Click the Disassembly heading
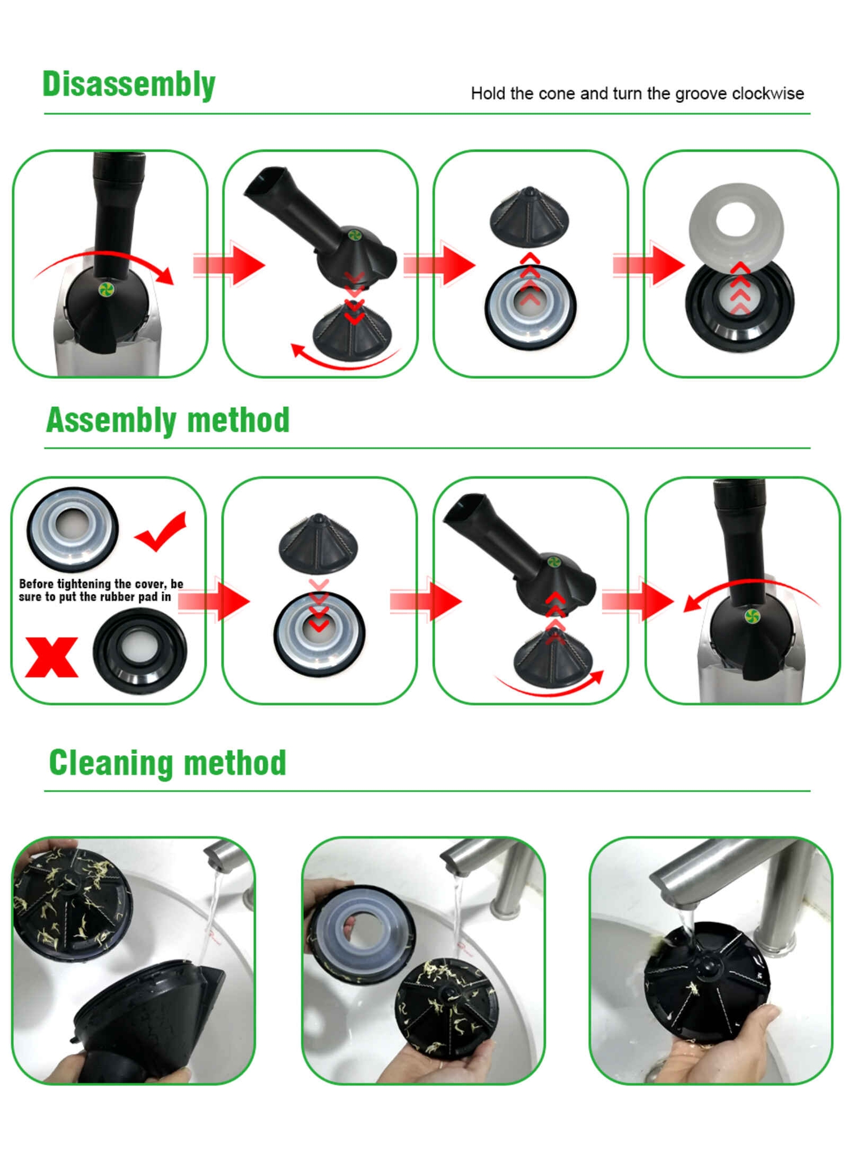coord(129,84)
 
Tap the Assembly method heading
coord(167,420)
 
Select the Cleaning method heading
coord(167,763)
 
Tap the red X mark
coord(52,657)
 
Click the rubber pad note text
coord(101,590)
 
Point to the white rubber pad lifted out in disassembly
coord(736,226)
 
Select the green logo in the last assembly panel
coord(751,616)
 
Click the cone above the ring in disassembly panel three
coord(530,217)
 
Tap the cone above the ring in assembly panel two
coord(319,543)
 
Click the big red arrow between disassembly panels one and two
coord(229,264)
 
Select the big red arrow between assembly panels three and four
coord(638,601)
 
